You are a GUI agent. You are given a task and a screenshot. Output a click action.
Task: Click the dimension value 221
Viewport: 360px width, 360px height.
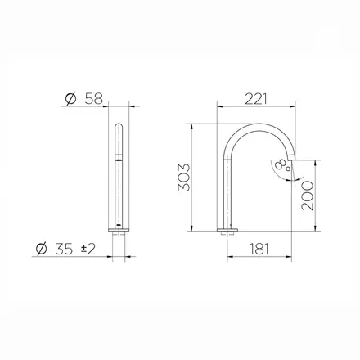(255, 99)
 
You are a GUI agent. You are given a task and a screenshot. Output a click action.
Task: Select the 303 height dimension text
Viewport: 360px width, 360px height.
(184, 178)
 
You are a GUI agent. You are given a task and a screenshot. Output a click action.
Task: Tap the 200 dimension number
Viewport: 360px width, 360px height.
(308, 196)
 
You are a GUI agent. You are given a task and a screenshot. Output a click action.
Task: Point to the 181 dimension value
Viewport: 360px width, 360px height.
(259, 249)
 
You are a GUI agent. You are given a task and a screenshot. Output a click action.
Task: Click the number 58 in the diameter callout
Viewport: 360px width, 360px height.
(94, 99)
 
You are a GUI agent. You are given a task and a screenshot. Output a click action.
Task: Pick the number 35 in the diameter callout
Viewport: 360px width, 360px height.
(64, 249)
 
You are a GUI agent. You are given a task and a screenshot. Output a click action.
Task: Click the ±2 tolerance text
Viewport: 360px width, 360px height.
(88, 249)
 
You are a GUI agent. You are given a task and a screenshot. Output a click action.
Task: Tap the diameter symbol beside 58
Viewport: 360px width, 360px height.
(71, 99)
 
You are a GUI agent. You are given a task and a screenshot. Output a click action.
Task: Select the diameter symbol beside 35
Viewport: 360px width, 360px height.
(42, 249)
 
